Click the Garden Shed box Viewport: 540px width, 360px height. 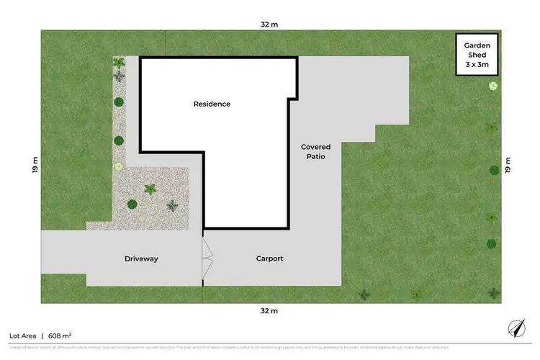[x=477, y=54]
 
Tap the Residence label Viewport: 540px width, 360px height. [x=212, y=104]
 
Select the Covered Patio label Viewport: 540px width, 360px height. [x=315, y=151]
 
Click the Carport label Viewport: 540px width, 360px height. [x=270, y=258]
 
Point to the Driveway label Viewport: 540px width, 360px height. [x=141, y=258]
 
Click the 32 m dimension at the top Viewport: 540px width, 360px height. [x=269, y=24]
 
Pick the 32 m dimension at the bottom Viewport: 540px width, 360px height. [x=269, y=311]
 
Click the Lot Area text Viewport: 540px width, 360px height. [x=23, y=336]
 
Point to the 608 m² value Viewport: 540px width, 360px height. [x=59, y=336]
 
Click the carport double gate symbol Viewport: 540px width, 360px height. [x=207, y=258]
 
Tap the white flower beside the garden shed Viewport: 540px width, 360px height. [x=493, y=86]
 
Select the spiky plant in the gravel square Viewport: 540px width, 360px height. [x=150, y=189]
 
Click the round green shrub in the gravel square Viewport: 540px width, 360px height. [x=132, y=204]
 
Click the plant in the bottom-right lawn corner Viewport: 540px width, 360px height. [x=494, y=293]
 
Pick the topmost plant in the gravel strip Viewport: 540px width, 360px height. [x=119, y=63]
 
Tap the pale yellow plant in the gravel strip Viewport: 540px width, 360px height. [x=119, y=166]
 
